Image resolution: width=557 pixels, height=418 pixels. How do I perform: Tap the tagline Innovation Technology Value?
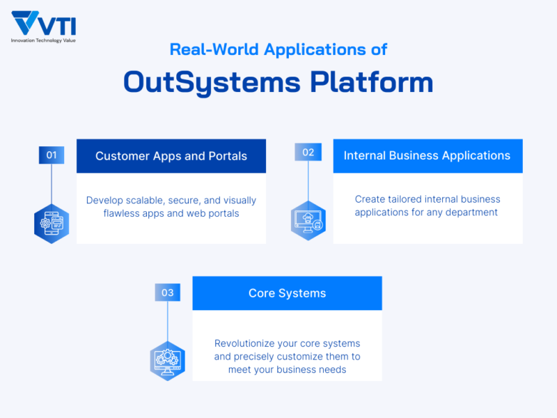(43, 40)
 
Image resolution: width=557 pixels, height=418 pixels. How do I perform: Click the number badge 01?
(52, 155)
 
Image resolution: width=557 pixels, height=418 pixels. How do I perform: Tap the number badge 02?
(308, 152)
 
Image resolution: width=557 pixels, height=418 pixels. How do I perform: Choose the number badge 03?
(167, 293)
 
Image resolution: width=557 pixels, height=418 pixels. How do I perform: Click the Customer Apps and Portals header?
(171, 156)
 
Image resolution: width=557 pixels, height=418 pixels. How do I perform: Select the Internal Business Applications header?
(427, 155)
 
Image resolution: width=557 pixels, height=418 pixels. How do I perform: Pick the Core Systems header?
(287, 293)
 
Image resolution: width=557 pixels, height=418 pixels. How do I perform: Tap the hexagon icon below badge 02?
(308, 220)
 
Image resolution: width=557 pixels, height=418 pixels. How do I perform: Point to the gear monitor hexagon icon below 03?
(168, 360)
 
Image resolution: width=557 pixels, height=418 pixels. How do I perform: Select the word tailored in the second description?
(407, 199)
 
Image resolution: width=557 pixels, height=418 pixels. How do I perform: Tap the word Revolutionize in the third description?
(246, 343)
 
